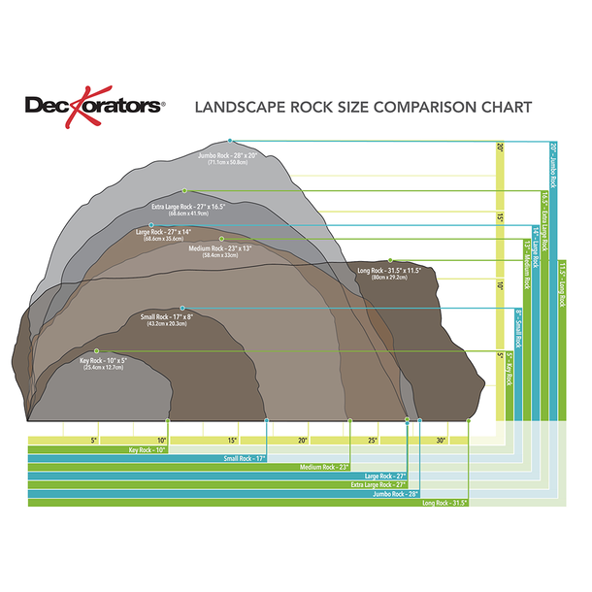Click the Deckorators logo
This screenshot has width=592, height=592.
pos(95,104)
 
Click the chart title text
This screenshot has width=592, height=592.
pos(364,106)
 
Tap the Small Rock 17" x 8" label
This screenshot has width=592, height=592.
pos(168,319)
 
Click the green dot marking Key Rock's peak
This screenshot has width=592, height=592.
pos(96,350)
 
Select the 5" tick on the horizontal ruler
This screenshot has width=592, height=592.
pos(94,441)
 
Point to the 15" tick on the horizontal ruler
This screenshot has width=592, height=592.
pos(234,441)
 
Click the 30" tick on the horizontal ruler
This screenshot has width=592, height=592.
pos(442,441)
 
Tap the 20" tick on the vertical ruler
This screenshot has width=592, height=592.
pos(501,148)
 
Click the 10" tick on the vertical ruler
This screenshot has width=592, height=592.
pos(501,287)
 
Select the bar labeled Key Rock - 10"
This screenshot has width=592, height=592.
pos(97,450)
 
